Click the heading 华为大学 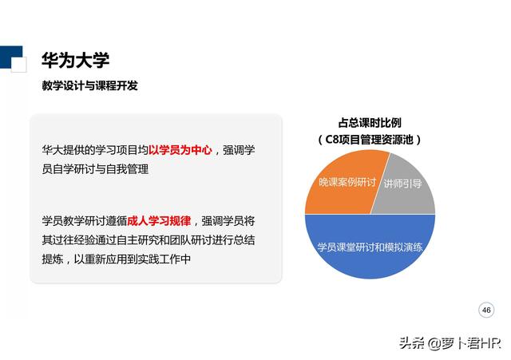(x=75, y=61)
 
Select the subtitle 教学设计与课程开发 (x=89, y=85)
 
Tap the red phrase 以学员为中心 (x=180, y=150)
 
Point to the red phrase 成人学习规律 (x=160, y=220)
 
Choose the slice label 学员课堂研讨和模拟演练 (x=369, y=246)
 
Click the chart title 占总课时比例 (x=370, y=123)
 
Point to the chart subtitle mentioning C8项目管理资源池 (x=369, y=139)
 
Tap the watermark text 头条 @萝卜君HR (x=450, y=343)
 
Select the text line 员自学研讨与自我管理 (x=95, y=169)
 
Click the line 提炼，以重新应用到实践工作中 (x=117, y=259)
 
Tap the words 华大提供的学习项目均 (x=95, y=150)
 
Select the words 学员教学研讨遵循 (x=85, y=220)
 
